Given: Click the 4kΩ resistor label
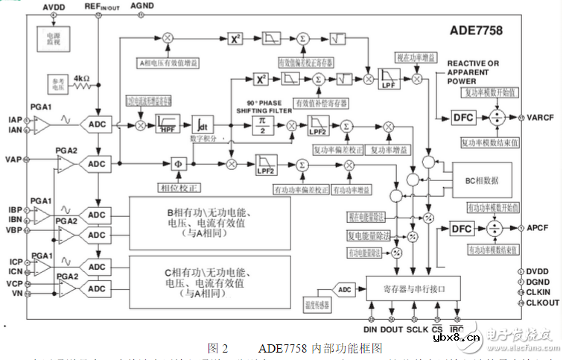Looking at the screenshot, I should [x=83, y=77].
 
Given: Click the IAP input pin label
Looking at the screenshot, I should [x=14, y=119].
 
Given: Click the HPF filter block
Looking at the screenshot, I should [x=169, y=124].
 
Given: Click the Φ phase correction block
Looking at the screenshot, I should [x=177, y=163].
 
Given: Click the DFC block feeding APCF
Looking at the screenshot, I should [x=462, y=229].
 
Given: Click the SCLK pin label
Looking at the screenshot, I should [x=417, y=329].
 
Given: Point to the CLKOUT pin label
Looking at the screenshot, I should [x=543, y=303].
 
